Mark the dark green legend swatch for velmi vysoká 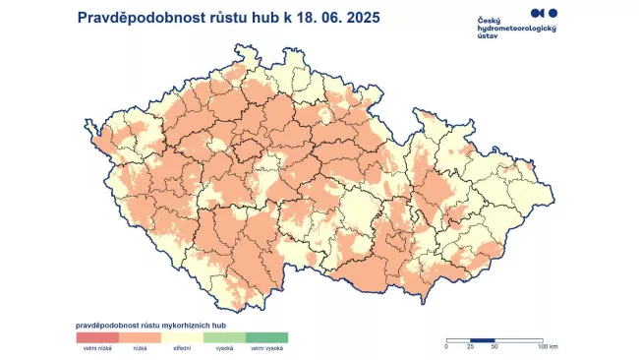[266, 337]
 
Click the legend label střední [182, 348]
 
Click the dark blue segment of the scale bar [482, 339]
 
